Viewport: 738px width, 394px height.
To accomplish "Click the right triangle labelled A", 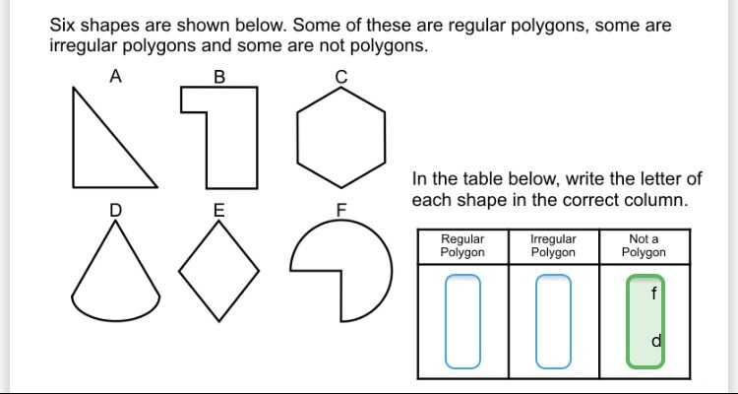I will [x=98, y=153].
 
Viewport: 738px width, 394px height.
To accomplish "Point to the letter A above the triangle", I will [x=115, y=76].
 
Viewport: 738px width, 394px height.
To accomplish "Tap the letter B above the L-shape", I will [x=218, y=77].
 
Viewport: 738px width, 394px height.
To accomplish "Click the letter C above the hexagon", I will [x=341, y=77].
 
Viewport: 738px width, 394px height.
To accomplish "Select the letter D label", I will [x=115, y=209].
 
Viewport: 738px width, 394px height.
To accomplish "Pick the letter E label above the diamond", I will [x=218, y=210].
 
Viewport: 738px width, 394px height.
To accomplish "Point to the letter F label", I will [x=341, y=210].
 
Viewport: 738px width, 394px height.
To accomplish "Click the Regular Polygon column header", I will [x=462, y=245].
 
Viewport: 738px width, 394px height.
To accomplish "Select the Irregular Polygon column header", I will [x=553, y=245].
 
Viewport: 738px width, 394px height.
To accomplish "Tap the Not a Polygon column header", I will [x=644, y=245].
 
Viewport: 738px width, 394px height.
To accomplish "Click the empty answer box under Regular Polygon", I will [x=462, y=320].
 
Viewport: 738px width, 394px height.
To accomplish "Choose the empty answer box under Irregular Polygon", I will [x=553, y=320].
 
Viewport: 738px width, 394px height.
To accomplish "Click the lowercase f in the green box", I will [x=652, y=293].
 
